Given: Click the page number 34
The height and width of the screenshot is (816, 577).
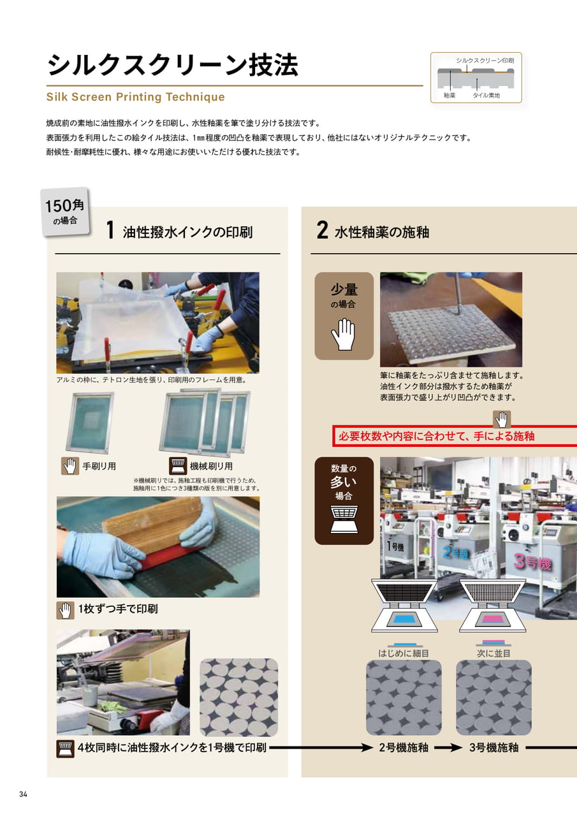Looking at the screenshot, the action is point(24,794).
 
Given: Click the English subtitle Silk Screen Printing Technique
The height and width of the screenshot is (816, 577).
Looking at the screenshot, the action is point(136,97).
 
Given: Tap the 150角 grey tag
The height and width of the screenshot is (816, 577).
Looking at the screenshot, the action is point(65,212).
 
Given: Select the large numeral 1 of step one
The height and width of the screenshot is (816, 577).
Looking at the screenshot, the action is point(110,230).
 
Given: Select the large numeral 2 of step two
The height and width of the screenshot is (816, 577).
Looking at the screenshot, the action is point(322,230).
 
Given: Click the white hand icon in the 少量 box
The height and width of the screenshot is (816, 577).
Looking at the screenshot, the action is point(343,334).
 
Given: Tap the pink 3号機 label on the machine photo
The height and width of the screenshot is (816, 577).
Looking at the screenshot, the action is point(532,562).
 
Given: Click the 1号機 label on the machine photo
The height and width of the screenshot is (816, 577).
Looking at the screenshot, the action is point(395,546).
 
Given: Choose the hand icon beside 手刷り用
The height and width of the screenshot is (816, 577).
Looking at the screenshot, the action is point(70,466).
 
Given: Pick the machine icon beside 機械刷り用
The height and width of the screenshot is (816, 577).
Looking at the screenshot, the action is point(178,466).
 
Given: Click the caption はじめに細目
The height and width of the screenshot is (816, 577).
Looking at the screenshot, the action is point(403,653).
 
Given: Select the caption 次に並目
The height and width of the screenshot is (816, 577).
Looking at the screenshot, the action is point(493,653).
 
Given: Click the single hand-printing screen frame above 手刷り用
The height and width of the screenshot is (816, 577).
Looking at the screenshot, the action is point(90,423).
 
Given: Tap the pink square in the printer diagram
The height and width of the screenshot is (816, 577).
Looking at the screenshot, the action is point(492,619).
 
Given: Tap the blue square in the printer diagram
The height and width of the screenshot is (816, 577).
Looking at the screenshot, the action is point(404,619).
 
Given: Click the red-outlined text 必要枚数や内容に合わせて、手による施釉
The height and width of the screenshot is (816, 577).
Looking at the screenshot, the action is point(436,436).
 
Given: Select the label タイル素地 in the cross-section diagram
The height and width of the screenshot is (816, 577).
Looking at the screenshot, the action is point(486,96).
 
